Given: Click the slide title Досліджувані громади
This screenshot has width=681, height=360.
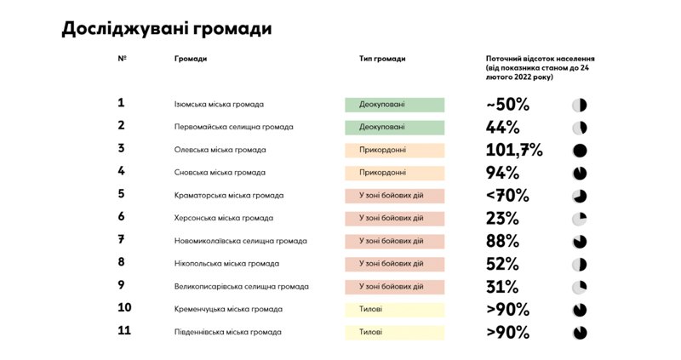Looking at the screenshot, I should tap(167, 29).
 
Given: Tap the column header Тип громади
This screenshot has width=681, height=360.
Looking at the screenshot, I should tap(382, 59).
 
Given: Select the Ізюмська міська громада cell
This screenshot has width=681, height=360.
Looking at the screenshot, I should tap(219, 105).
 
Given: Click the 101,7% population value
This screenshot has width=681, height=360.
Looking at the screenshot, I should tap(513, 151).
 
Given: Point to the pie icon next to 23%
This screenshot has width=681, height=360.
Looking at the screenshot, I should tap(580, 219).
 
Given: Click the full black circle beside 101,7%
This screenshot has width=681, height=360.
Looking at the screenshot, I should tap(580, 151).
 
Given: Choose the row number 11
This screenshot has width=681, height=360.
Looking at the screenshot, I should tap(124, 331).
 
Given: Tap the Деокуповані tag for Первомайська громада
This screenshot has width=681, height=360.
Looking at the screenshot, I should tap(394, 128).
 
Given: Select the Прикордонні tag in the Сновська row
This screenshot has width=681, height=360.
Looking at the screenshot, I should tap(394, 173).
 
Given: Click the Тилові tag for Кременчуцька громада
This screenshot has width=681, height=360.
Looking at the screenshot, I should tap(394, 309).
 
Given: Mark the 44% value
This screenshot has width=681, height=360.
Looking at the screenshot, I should tap(502, 128).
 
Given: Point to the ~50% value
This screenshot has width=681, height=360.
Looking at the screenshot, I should tap(507, 105).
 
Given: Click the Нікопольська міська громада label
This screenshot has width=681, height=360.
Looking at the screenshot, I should tap(226, 264).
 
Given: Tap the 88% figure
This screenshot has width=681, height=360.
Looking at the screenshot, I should tap(502, 241).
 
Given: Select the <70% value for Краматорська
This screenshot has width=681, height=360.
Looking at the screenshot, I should tap(507, 196).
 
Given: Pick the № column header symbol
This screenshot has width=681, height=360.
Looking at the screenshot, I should tap(123, 59).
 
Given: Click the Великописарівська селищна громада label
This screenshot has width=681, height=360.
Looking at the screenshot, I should tap(241, 287).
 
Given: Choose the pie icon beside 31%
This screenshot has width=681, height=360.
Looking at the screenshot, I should tap(580, 287).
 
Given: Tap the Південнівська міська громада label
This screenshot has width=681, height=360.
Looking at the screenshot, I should tap(227, 332).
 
